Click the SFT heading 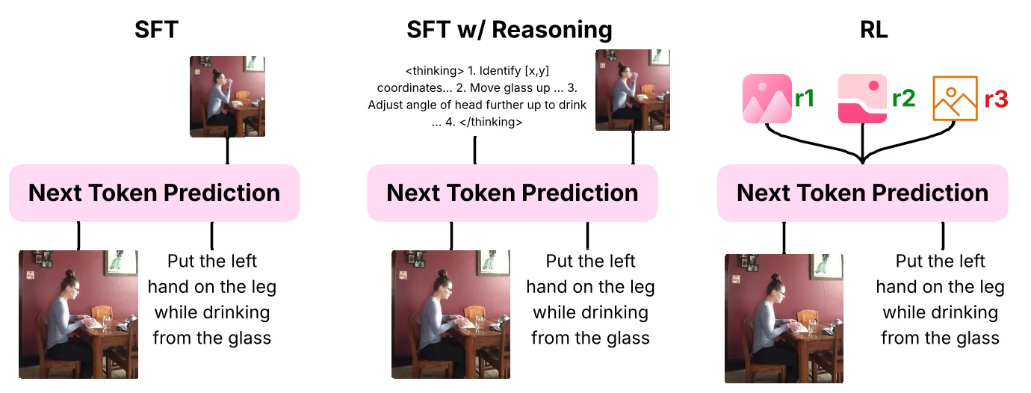pyautogui.click(x=156, y=29)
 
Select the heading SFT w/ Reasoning pyautogui.click(x=509, y=29)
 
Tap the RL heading pyautogui.click(x=873, y=29)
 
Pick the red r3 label pyautogui.click(x=997, y=98)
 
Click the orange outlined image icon pyautogui.click(x=955, y=99)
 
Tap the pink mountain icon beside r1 pyautogui.click(x=767, y=99)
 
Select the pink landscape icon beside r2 pyautogui.click(x=863, y=99)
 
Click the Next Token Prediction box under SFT pyautogui.click(x=154, y=193)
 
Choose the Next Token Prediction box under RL pyautogui.click(x=862, y=193)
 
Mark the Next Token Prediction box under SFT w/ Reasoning pyautogui.click(x=512, y=193)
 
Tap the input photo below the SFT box pyautogui.click(x=78, y=314)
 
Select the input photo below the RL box pyautogui.click(x=784, y=318)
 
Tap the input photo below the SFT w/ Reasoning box pyautogui.click(x=451, y=314)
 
